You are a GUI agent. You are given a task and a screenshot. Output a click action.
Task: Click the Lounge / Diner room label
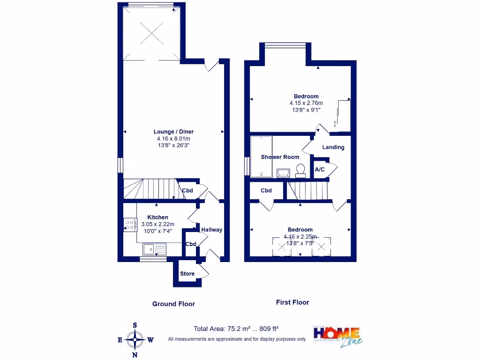[173, 132]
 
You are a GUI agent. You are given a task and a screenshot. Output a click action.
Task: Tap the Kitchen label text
[158, 217]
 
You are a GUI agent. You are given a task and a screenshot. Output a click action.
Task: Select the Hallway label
[212, 230]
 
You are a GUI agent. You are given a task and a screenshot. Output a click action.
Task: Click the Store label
[187, 274]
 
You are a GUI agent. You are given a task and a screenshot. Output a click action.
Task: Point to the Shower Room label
[280, 157]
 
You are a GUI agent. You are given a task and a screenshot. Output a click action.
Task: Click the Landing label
[333, 147]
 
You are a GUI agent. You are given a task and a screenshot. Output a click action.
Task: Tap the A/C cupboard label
[320, 169]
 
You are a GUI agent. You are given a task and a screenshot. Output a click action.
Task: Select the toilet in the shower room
[300, 170]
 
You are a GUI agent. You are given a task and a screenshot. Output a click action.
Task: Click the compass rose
[135, 340]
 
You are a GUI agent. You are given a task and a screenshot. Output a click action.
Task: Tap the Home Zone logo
[337, 336]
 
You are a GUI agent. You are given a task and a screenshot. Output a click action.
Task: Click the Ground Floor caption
[173, 304]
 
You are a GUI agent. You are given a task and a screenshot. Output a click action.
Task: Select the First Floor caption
[292, 302]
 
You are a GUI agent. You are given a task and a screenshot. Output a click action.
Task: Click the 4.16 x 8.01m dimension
[173, 139]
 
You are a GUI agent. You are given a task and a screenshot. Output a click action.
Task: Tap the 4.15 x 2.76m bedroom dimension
[306, 103]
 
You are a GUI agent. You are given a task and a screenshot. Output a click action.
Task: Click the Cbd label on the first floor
[266, 191]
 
